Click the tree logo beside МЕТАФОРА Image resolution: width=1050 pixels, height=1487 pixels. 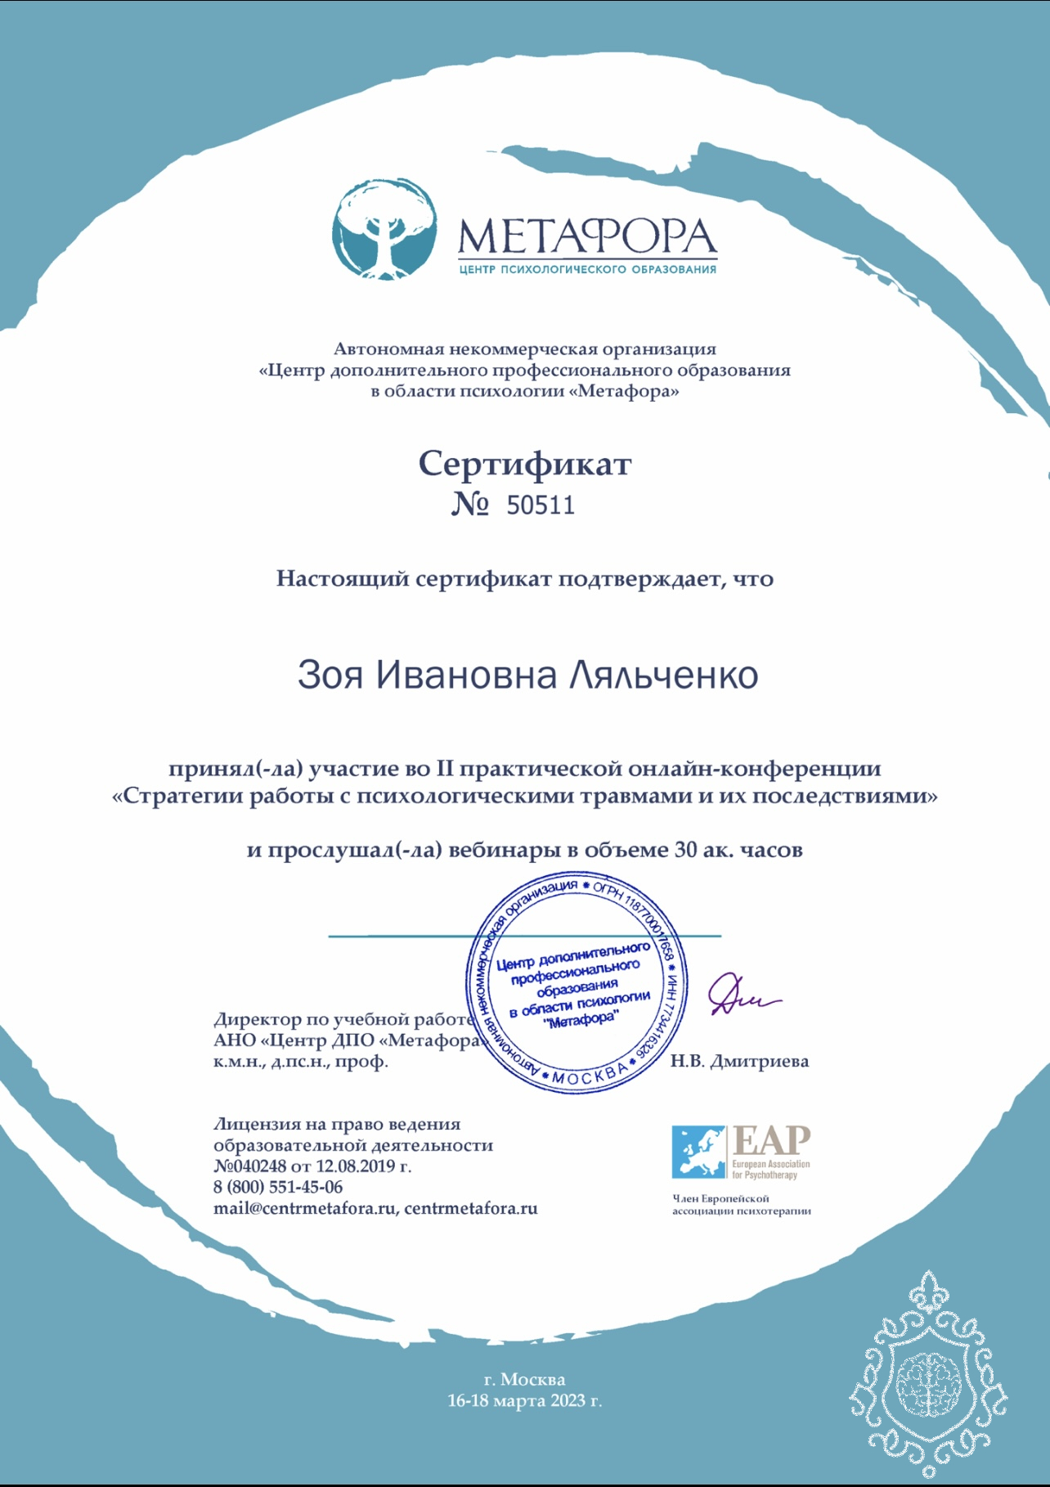click(x=384, y=230)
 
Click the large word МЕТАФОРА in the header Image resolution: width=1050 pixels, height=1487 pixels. click(x=586, y=236)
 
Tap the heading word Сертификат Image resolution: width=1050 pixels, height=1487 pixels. click(x=525, y=464)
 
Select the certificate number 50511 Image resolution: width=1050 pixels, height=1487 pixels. click(x=541, y=505)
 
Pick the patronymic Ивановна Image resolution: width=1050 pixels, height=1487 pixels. click(x=466, y=676)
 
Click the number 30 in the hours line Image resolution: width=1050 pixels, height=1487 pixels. click(x=685, y=850)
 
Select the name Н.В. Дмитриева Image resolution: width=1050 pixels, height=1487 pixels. click(x=739, y=1061)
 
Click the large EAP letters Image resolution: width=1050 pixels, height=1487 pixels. click(x=771, y=1140)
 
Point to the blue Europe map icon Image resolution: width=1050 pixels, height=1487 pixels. click(x=698, y=1151)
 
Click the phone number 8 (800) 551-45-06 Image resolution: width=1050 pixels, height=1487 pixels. click(x=278, y=1187)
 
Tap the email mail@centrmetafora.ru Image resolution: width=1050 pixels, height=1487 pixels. click(x=305, y=1208)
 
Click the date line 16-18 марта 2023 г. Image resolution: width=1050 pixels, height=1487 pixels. click(x=524, y=1400)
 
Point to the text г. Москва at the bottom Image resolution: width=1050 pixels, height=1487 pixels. click(x=524, y=1379)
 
